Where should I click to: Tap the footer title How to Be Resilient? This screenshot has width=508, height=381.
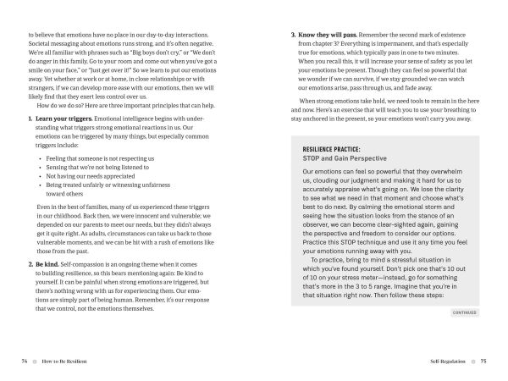pyautogui.click(x=63, y=359)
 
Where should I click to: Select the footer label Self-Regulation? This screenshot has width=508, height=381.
pyautogui.click(x=448, y=359)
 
